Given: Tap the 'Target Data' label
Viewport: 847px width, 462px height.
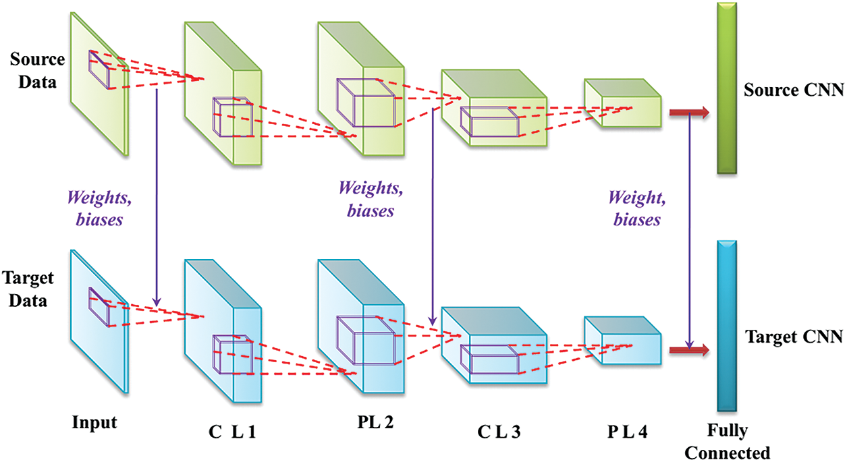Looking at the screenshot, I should click(x=28, y=289).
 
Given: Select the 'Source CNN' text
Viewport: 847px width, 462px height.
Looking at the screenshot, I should click(x=794, y=90).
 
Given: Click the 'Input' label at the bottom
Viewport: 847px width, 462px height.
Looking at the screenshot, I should click(x=94, y=423).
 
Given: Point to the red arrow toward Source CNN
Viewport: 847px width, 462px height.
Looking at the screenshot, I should click(x=688, y=113).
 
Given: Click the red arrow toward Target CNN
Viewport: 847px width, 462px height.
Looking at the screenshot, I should click(x=688, y=350).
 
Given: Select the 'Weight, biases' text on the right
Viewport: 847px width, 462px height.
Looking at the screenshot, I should click(x=634, y=208).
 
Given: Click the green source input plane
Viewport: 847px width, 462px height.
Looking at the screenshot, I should click(x=98, y=84).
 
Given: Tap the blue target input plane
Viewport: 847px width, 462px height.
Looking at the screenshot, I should click(x=98, y=320).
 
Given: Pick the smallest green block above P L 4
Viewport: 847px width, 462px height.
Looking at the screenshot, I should click(x=622, y=105).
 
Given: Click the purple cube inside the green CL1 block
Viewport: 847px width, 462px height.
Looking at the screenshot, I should click(x=232, y=119).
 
